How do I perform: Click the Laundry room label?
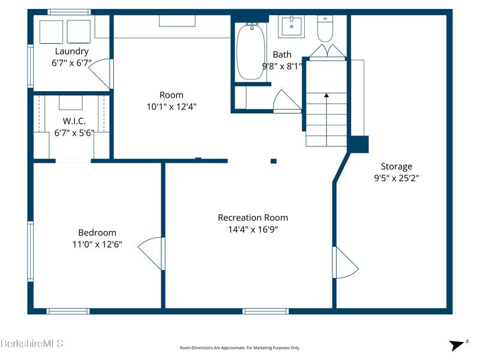click(71, 51)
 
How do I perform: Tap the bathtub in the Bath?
click(251, 52)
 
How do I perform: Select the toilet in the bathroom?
click(325, 28)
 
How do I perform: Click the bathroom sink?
click(292, 27)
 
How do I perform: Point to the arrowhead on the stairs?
click(326, 95)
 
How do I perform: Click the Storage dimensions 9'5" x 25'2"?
click(397, 178)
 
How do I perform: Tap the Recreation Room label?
click(253, 218)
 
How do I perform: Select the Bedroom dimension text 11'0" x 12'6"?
click(97, 244)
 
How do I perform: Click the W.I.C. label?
click(74, 121)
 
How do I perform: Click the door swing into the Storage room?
click(346, 262)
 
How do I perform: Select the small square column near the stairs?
click(274, 161)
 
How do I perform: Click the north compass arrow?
click(458, 344)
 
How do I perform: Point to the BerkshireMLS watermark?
click(32, 343)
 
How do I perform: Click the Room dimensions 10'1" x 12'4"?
click(172, 107)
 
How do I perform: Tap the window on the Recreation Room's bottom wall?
click(266, 311)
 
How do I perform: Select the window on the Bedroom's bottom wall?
click(68, 311)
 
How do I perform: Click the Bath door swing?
click(287, 101)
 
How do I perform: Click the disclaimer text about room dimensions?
click(239, 348)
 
